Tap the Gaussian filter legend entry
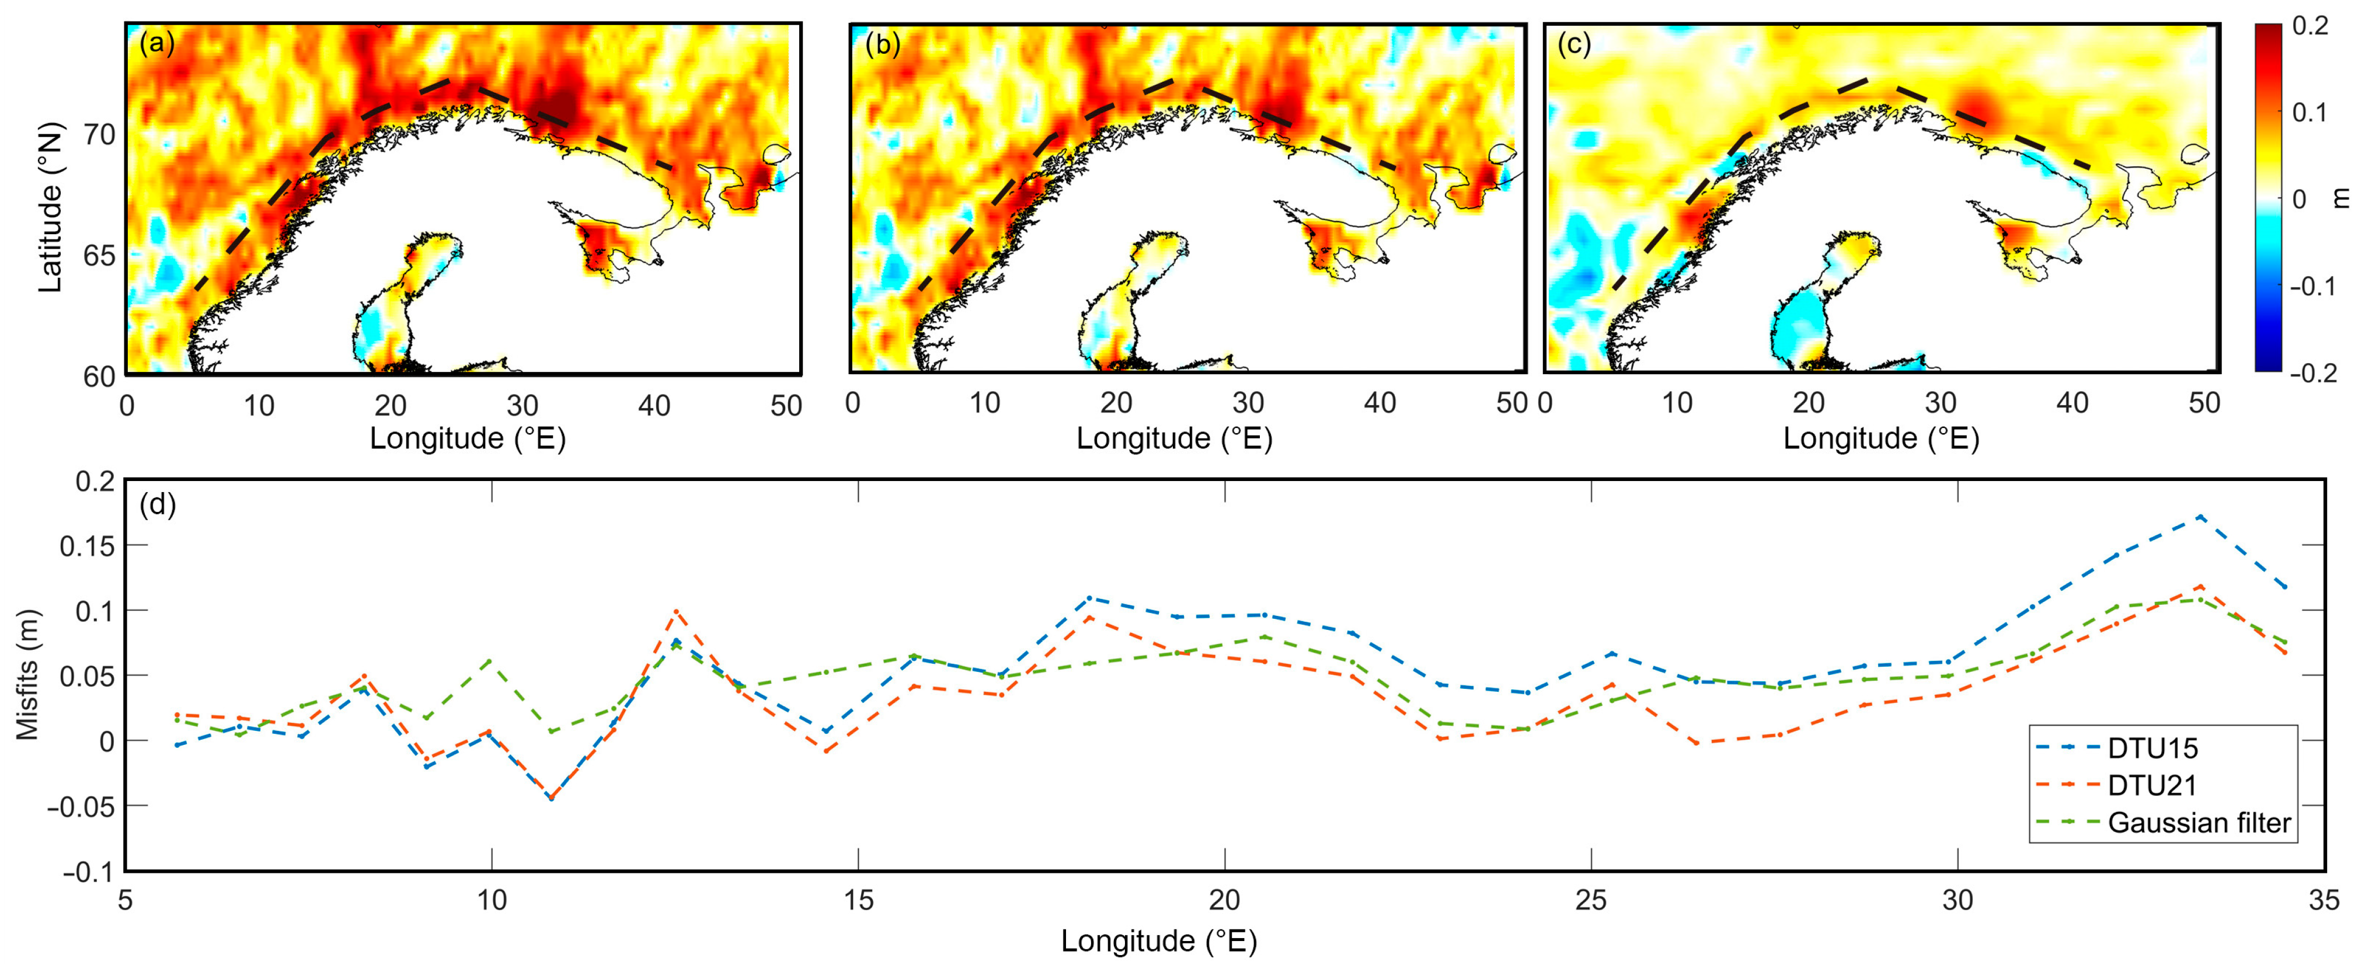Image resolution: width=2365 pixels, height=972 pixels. [2198, 823]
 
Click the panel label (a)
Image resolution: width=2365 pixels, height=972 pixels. [156, 43]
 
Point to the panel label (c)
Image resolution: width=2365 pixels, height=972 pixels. [1573, 43]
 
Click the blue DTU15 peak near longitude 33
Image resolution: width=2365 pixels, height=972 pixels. [2200, 517]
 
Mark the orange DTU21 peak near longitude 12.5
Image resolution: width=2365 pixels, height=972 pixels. [675, 611]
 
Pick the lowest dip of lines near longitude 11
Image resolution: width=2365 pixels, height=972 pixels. [551, 799]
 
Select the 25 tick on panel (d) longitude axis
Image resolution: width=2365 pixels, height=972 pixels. [1590, 900]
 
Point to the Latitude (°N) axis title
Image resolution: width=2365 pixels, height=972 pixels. [50, 207]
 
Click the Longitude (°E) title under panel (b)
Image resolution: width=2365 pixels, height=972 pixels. [1174, 439]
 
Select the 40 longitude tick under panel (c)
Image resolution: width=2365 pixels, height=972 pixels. [2072, 403]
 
